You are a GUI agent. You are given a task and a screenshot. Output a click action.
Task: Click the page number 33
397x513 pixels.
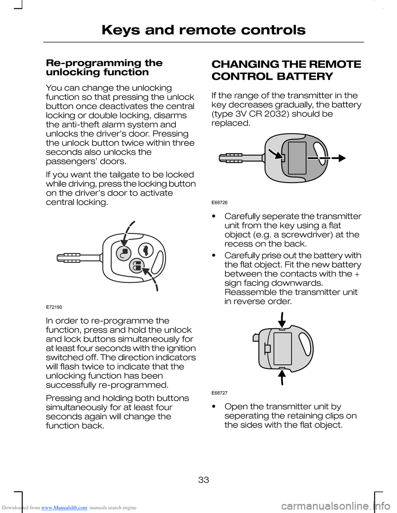click(x=203, y=480)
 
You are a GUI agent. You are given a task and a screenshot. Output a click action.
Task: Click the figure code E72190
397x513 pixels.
click(x=54, y=307)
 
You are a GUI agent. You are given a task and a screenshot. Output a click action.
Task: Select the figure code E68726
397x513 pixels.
click(x=220, y=202)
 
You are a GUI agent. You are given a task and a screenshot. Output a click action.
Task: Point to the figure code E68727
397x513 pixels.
click(x=220, y=393)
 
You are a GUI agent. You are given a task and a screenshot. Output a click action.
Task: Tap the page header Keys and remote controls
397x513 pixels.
click(x=203, y=30)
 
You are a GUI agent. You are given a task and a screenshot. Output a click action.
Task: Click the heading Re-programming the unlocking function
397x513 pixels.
click(x=104, y=67)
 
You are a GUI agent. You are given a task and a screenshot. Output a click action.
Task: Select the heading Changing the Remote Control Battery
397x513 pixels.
click(x=286, y=70)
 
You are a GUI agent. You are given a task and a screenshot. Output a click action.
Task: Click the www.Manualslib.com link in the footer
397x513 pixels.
click(x=64, y=508)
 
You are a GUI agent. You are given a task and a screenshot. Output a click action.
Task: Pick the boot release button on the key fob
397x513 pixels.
click(x=146, y=249)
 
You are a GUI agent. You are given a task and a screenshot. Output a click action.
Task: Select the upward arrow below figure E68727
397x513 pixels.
click(x=282, y=377)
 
